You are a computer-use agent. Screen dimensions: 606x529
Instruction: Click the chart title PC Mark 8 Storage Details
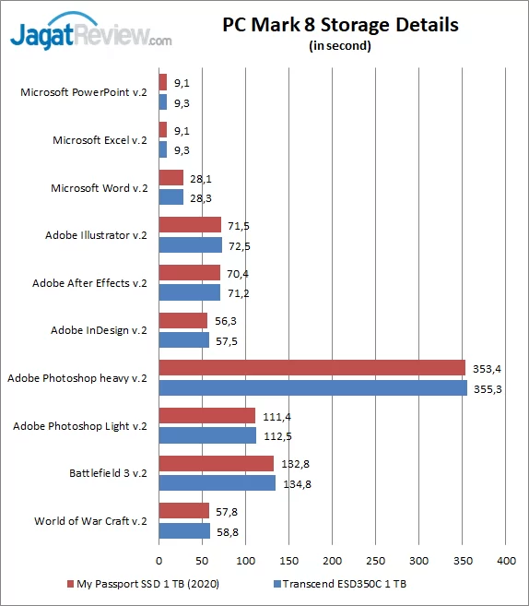click(x=340, y=25)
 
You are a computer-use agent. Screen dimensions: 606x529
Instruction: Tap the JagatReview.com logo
click(x=90, y=33)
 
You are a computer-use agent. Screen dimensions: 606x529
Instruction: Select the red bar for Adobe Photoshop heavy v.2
click(x=312, y=369)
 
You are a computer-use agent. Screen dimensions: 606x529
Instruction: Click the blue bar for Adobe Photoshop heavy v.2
click(x=312, y=388)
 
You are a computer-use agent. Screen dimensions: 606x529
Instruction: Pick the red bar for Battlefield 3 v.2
click(x=217, y=463)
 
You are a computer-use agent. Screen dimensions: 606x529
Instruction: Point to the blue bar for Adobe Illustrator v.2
click(x=191, y=245)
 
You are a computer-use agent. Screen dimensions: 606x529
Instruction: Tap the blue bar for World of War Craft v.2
click(x=184, y=531)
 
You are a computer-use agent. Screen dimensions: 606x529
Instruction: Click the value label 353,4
click(x=485, y=369)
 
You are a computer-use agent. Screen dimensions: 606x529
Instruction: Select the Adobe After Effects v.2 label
click(x=89, y=283)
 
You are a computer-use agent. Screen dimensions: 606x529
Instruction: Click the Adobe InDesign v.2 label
click(x=99, y=330)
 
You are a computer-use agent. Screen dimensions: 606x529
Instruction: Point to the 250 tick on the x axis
click(x=376, y=560)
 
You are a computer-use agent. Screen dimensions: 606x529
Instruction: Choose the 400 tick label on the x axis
click(x=506, y=560)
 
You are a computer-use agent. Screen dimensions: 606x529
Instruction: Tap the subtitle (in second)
click(x=340, y=46)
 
